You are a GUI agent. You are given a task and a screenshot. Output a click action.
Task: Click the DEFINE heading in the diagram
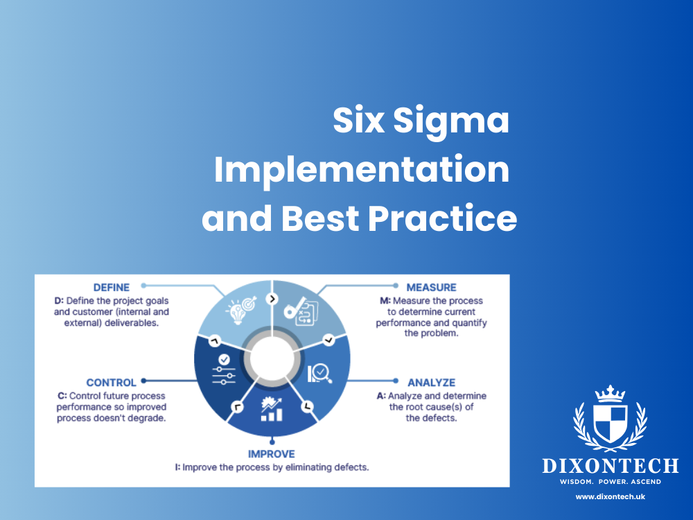coord(112,286)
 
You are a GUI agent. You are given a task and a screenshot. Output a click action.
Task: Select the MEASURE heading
coord(431,287)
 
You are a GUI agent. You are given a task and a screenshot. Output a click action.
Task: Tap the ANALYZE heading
coord(431,382)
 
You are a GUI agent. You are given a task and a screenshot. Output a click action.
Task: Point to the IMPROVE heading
coord(272,454)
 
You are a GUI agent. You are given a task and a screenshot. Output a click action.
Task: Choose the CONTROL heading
coord(112,382)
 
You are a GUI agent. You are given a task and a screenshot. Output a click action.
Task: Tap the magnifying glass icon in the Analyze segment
coord(319,374)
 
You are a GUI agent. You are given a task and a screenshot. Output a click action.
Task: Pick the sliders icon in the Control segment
coord(223,370)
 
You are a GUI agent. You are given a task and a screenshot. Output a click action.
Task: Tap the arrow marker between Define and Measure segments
coord(272,298)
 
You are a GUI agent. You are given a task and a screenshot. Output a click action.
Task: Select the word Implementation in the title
coord(361,171)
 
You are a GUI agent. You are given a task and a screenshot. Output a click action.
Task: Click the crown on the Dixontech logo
coord(610,393)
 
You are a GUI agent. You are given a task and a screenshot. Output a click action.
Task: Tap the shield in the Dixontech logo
coord(610,424)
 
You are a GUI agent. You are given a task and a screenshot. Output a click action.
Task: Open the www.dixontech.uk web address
coord(610,496)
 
